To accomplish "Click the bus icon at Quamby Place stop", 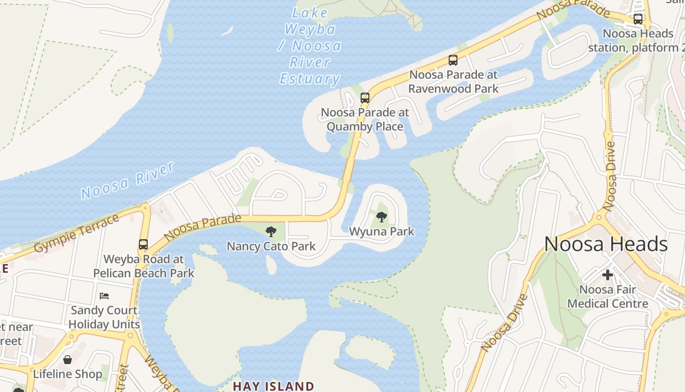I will [x=365, y=98].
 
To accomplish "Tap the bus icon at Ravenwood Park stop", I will [x=453, y=60].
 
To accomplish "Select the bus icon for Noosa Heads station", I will [x=638, y=19].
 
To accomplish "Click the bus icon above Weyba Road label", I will [x=143, y=244].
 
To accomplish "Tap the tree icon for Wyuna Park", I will [x=382, y=217].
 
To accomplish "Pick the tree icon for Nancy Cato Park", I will [x=271, y=231].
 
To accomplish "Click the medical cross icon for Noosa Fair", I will [x=608, y=275].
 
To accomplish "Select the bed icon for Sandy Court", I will [x=104, y=296].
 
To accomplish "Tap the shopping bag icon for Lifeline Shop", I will [x=68, y=360].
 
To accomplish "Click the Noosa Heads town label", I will [x=606, y=244].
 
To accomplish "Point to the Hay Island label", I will [x=273, y=386].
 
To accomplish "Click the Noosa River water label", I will [x=127, y=181].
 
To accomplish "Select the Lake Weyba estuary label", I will [x=310, y=46].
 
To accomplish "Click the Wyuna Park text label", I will [x=382, y=231].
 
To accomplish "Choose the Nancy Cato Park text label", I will [x=271, y=246].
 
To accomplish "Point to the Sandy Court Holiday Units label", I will [x=104, y=317].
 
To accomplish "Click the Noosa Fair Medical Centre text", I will [x=608, y=296].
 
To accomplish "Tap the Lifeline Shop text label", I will [x=68, y=374].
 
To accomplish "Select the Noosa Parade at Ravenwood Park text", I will [x=453, y=81].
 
